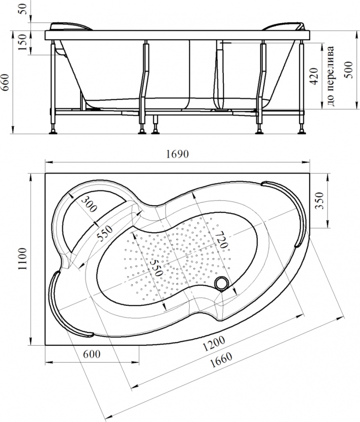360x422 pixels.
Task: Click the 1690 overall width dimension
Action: pyautogui.click(x=177, y=154)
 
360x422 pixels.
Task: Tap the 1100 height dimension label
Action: pyautogui.click(x=23, y=258)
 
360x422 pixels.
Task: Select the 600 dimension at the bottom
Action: pyautogui.click(x=92, y=354)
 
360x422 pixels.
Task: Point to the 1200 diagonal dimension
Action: pyautogui.click(x=214, y=343)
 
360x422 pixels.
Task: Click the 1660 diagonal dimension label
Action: pyautogui.click(x=221, y=360)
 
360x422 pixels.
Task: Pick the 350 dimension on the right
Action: pyautogui.click(x=319, y=200)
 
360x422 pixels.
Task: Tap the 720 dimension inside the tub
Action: pyautogui.click(x=222, y=239)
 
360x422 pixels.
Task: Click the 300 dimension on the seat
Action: pyautogui.click(x=89, y=204)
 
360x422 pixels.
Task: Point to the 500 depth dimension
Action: pyautogui.click(x=349, y=70)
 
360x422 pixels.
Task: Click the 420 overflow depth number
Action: pyautogui.click(x=314, y=76)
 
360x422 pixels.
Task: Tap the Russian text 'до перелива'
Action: pyautogui.click(x=331, y=76)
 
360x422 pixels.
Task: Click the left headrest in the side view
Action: pyautogui.click(x=71, y=26)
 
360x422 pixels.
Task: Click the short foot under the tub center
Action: pyautogui.click(x=155, y=124)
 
